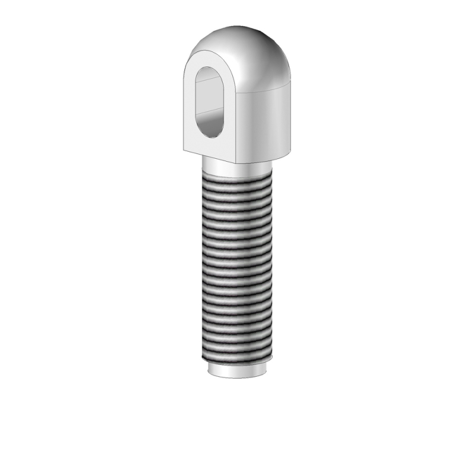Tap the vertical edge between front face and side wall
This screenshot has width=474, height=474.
[x=239, y=124]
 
